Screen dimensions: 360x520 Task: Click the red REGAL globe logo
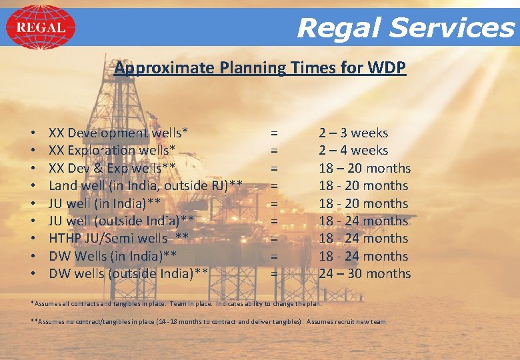(x=40, y=27)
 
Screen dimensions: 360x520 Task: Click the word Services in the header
(x=452, y=28)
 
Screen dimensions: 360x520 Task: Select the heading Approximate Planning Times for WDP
(x=260, y=68)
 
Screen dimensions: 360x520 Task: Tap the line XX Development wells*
(x=119, y=133)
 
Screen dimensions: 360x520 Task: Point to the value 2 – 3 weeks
(x=353, y=133)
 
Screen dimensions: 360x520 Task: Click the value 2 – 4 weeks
(x=353, y=150)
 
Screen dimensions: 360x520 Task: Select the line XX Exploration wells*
(x=112, y=150)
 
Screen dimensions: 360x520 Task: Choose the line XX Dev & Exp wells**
(x=112, y=168)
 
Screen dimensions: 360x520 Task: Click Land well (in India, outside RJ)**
(x=145, y=185)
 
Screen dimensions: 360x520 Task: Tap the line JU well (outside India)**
(x=121, y=221)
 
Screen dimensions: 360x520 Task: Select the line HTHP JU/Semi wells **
(x=119, y=238)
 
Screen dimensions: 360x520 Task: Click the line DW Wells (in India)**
(x=112, y=256)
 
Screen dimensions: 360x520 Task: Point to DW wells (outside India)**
(x=129, y=273)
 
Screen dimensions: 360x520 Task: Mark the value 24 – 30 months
(x=365, y=273)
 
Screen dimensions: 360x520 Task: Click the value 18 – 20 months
(x=365, y=168)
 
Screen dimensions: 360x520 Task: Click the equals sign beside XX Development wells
(x=274, y=133)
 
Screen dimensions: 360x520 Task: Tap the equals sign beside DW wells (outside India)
(x=274, y=273)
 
